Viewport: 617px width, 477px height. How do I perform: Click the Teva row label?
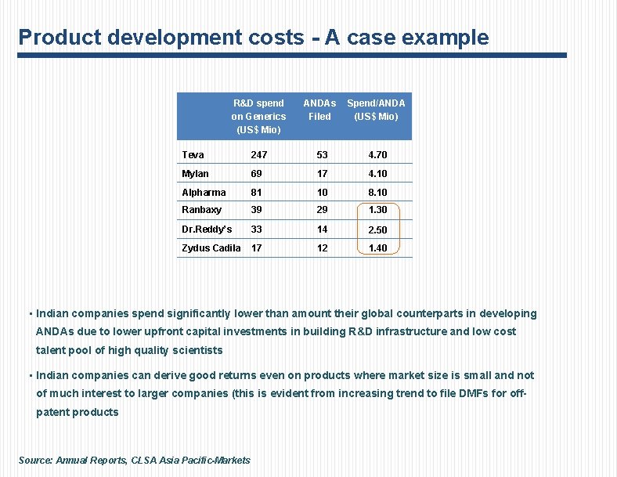coord(193,155)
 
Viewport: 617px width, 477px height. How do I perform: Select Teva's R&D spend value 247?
coord(258,155)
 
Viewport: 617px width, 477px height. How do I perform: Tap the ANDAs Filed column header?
coord(319,110)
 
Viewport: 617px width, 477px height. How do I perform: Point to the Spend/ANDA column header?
coord(376,110)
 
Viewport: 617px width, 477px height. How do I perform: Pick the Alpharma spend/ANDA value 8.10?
coord(377,192)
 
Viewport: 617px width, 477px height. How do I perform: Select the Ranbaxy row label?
coord(201,210)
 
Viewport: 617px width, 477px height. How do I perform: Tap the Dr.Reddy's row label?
coord(207,229)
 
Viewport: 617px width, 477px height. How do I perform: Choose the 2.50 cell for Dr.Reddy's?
coord(377,230)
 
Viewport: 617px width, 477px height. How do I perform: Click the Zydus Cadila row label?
coord(211,248)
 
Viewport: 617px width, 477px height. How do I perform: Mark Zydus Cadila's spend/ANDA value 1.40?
coord(377,248)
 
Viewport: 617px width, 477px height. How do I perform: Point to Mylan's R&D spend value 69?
coord(256,173)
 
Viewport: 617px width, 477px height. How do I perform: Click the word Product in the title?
coord(53,38)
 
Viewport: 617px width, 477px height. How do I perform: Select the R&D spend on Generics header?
coord(258,116)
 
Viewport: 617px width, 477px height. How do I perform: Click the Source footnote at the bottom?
coord(134,460)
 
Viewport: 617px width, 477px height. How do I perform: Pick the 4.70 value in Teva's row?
coord(377,155)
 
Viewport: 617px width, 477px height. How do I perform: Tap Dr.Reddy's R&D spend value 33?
coord(256,229)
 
